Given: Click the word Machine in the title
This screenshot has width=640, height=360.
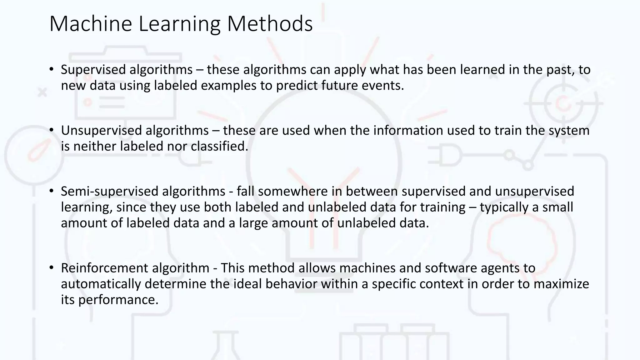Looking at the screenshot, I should pyautogui.click(x=91, y=24).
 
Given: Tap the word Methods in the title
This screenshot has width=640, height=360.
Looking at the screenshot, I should pyautogui.click(x=270, y=24).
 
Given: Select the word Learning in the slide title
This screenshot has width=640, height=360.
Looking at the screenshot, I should pyautogui.click(x=179, y=24).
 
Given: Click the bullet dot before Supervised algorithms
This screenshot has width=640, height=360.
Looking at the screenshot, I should pyautogui.click(x=52, y=69).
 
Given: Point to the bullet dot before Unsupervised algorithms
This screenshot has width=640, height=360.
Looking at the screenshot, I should pyautogui.click(x=52, y=130).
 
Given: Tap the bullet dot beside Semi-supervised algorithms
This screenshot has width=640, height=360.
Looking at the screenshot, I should pyautogui.click(x=52, y=191).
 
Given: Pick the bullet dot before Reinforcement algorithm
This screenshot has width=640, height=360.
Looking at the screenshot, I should pyautogui.click(x=52, y=267).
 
